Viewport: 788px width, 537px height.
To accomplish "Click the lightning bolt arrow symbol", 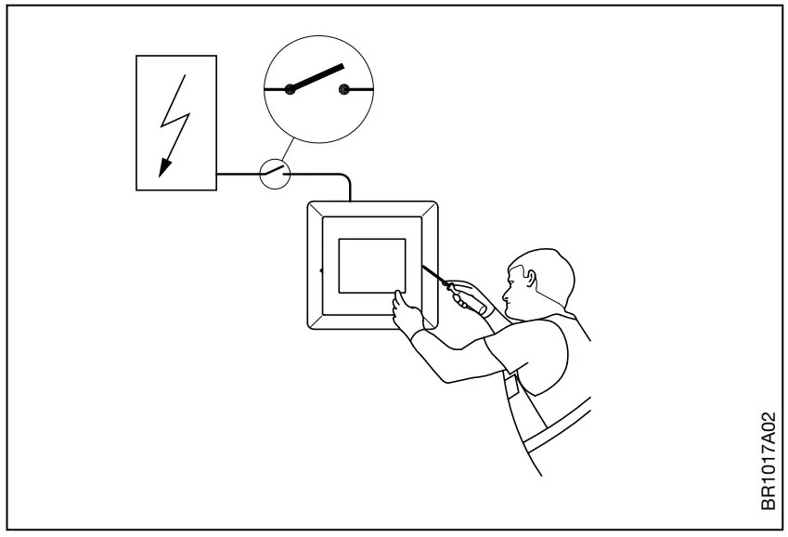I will point(175,122).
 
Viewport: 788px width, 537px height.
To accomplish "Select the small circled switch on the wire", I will point(274,173).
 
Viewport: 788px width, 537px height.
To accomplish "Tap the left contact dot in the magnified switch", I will point(291,89).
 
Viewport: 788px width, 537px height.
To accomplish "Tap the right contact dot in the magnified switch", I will point(344,89).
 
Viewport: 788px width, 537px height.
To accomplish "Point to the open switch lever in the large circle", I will point(316,77).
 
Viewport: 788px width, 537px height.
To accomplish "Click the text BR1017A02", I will point(769,461).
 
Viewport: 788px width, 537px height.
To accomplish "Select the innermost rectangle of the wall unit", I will point(371,265).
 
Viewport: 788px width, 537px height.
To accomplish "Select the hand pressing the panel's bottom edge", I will point(407,312).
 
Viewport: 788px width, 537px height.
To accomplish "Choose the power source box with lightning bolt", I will point(176,123).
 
